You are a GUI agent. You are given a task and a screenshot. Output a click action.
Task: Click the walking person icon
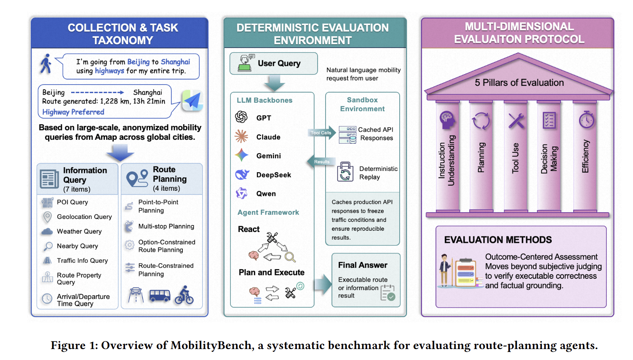click(45, 64)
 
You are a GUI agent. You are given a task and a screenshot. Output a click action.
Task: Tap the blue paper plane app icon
click(192, 100)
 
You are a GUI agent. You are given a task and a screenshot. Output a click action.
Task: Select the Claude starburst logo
click(241, 136)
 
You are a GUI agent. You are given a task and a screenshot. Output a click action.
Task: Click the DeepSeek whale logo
click(242, 174)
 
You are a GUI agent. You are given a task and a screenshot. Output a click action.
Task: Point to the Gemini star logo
click(241, 155)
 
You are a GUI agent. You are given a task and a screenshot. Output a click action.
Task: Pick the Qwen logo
click(242, 193)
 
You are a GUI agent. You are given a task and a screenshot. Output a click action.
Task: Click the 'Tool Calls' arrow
click(322, 133)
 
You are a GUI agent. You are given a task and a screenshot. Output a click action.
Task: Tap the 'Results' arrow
click(321, 162)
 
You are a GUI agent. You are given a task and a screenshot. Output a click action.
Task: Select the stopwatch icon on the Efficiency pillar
click(587, 120)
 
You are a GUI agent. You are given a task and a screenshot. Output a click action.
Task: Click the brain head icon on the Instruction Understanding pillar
click(447, 120)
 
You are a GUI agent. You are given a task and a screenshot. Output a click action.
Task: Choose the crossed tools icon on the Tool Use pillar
click(516, 121)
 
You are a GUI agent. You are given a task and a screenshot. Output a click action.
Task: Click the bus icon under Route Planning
click(160, 296)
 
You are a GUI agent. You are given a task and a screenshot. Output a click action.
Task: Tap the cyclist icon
click(184, 295)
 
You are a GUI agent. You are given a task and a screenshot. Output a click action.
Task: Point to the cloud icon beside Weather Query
click(47, 232)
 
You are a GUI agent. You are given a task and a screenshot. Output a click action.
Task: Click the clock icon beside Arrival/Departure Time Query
click(47, 299)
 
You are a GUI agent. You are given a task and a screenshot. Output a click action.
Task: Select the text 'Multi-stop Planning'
click(166, 227)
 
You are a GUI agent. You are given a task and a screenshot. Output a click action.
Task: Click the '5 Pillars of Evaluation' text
click(519, 83)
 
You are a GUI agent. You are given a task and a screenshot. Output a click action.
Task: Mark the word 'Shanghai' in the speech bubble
click(176, 62)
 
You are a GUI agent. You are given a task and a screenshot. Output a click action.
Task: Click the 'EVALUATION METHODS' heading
click(498, 240)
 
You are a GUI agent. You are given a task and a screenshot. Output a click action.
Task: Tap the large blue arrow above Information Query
click(120, 152)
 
